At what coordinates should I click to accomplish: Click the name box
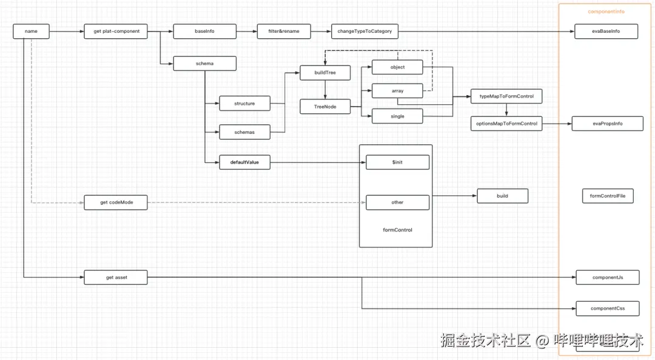pos(31,31)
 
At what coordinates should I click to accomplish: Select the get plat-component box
pos(116,31)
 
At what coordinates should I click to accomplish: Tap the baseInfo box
pos(204,31)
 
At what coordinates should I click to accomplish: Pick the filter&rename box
pos(284,31)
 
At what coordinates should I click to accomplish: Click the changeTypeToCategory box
pos(364,31)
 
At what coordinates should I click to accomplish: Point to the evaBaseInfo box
pos(606,31)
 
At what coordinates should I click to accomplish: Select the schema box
pos(204,63)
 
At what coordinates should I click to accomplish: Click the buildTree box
pos(325,73)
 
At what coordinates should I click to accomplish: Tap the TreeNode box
pos(325,107)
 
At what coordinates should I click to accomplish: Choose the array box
pos(397,92)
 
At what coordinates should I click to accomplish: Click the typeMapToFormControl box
pos(506,96)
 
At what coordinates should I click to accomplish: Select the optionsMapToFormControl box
pos(506,124)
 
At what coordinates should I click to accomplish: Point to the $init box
pos(397,162)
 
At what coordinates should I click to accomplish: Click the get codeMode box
pos(116,202)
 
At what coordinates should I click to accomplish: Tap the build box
pos(502,196)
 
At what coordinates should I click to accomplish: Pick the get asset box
pos(116,278)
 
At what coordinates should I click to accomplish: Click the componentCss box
pos(607,308)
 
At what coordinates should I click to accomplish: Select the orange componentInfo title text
pos(606,12)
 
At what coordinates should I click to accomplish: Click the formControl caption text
pos(397,230)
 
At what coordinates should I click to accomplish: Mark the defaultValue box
pos(244,162)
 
